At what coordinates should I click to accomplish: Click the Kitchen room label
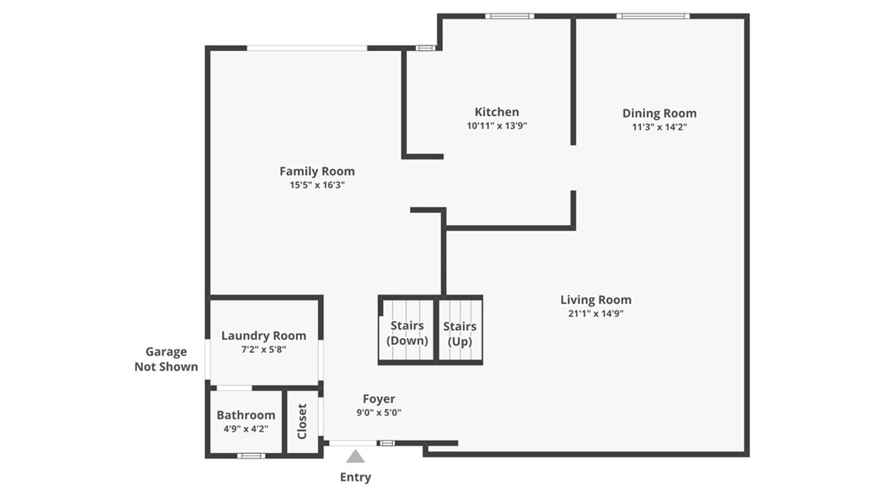(x=497, y=112)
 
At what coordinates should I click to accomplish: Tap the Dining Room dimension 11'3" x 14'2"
(x=659, y=127)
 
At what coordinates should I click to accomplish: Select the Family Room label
(x=317, y=171)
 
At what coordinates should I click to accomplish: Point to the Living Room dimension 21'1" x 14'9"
(x=596, y=313)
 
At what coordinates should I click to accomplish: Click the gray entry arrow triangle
(x=355, y=457)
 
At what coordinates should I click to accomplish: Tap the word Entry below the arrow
(x=355, y=477)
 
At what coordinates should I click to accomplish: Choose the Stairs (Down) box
(x=407, y=333)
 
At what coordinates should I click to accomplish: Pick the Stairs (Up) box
(x=460, y=334)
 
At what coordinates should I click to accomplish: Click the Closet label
(x=302, y=421)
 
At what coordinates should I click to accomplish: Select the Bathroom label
(x=246, y=415)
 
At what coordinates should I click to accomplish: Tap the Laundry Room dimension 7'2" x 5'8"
(x=264, y=349)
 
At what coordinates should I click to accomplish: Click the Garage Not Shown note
(x=166, y=359)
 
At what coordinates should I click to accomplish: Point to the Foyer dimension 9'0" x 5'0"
(x=378, y=413)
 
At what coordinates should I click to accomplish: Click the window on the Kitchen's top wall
(x=510, y=16)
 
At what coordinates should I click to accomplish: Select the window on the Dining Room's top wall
(x=653, y=16)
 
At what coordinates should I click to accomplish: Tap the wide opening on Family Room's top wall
(x=307, y=48)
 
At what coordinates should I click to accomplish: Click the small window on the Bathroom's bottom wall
(x=251, y=456)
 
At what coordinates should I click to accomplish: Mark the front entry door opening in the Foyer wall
(x=353, y=443)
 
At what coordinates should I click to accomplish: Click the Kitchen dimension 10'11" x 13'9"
(x=497, y=126)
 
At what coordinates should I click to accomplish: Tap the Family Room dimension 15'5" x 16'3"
(x=317, y=185)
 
